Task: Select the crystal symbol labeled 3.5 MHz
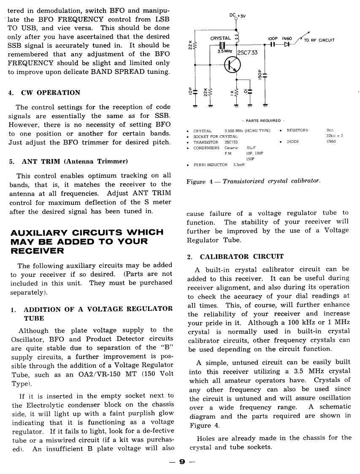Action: [220, 46]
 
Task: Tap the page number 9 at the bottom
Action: [182, 462]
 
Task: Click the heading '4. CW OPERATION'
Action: [44, 93]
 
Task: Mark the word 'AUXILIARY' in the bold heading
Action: [43, 232]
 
